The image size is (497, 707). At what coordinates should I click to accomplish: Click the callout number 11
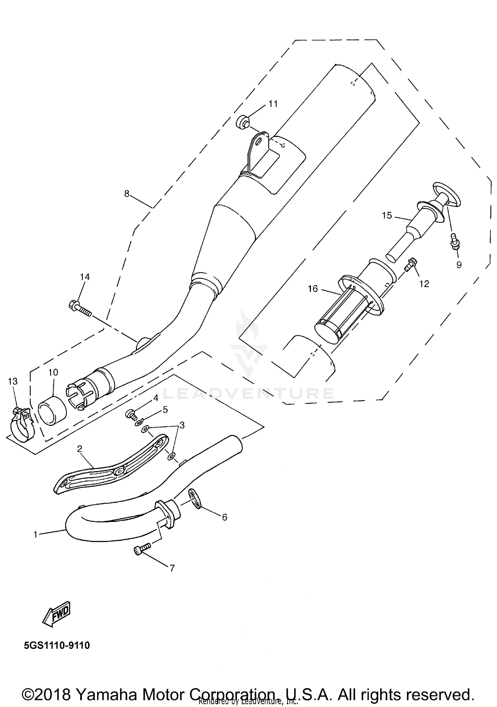pos(273,104)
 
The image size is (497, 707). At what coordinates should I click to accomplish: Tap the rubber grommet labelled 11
pos(243,122)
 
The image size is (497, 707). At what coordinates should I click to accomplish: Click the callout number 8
pos(127,194)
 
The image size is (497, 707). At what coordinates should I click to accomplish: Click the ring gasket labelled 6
pos(195,499)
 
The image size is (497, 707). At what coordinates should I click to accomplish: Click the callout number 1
pos(35,534)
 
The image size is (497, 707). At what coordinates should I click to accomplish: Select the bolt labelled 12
pos(412,264)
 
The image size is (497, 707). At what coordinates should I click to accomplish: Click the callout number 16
pos(312,289)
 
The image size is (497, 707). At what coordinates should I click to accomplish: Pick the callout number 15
pos(387,216)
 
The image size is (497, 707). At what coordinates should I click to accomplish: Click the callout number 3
pos(182,425)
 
